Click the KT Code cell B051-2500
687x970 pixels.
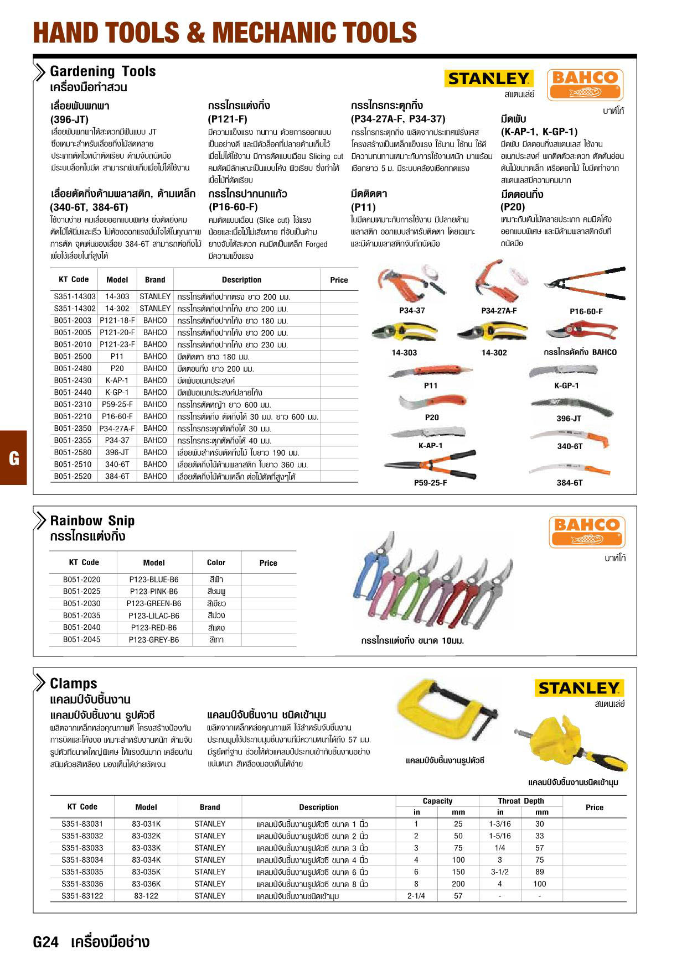(x=73, y=357)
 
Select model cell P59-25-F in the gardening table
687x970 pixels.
(x=117, y=405)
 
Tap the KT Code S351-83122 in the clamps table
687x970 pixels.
(x=82, y=896)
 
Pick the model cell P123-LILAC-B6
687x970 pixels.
(x=153, y=616)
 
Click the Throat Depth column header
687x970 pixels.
(x=520, y=801)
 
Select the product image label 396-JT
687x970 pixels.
(x=569, y=419)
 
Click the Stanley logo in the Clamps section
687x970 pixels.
(x=579, y=688)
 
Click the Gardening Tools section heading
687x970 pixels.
(x=102, y=71)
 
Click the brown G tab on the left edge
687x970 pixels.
(x=14, y=458)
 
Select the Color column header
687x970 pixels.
(x=216, y=562)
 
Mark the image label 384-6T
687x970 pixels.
(x=569, y=483)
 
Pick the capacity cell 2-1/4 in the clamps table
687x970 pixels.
(x=416, y=896)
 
